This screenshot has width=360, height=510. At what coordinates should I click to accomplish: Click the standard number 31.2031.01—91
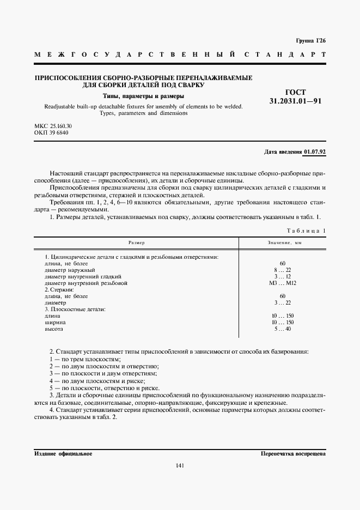click(x=295, y=101)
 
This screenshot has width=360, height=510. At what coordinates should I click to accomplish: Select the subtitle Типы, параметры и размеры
click(x=143, y=96)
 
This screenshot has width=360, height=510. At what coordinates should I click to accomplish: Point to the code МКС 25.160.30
click(x=53, y=126)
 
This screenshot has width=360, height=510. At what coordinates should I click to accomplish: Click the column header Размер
click(x=137, y=242)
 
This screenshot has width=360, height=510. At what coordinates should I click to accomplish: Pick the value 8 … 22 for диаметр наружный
click(x=280, y=270)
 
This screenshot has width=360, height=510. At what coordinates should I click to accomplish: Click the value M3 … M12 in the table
click(x=280, y=283)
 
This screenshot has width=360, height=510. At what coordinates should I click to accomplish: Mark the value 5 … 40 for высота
click(x=280, y=329)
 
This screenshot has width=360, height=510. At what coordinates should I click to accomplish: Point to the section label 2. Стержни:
click(x=59, y=290)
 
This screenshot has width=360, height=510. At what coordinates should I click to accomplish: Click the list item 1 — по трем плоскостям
click(x=84, y=360)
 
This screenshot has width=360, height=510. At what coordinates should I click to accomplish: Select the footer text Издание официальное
click(x=63, y=453)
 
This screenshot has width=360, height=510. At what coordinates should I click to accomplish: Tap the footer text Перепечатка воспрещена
click(x=293, y=453)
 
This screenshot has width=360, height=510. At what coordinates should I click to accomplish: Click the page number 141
click(x=180, y=465)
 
